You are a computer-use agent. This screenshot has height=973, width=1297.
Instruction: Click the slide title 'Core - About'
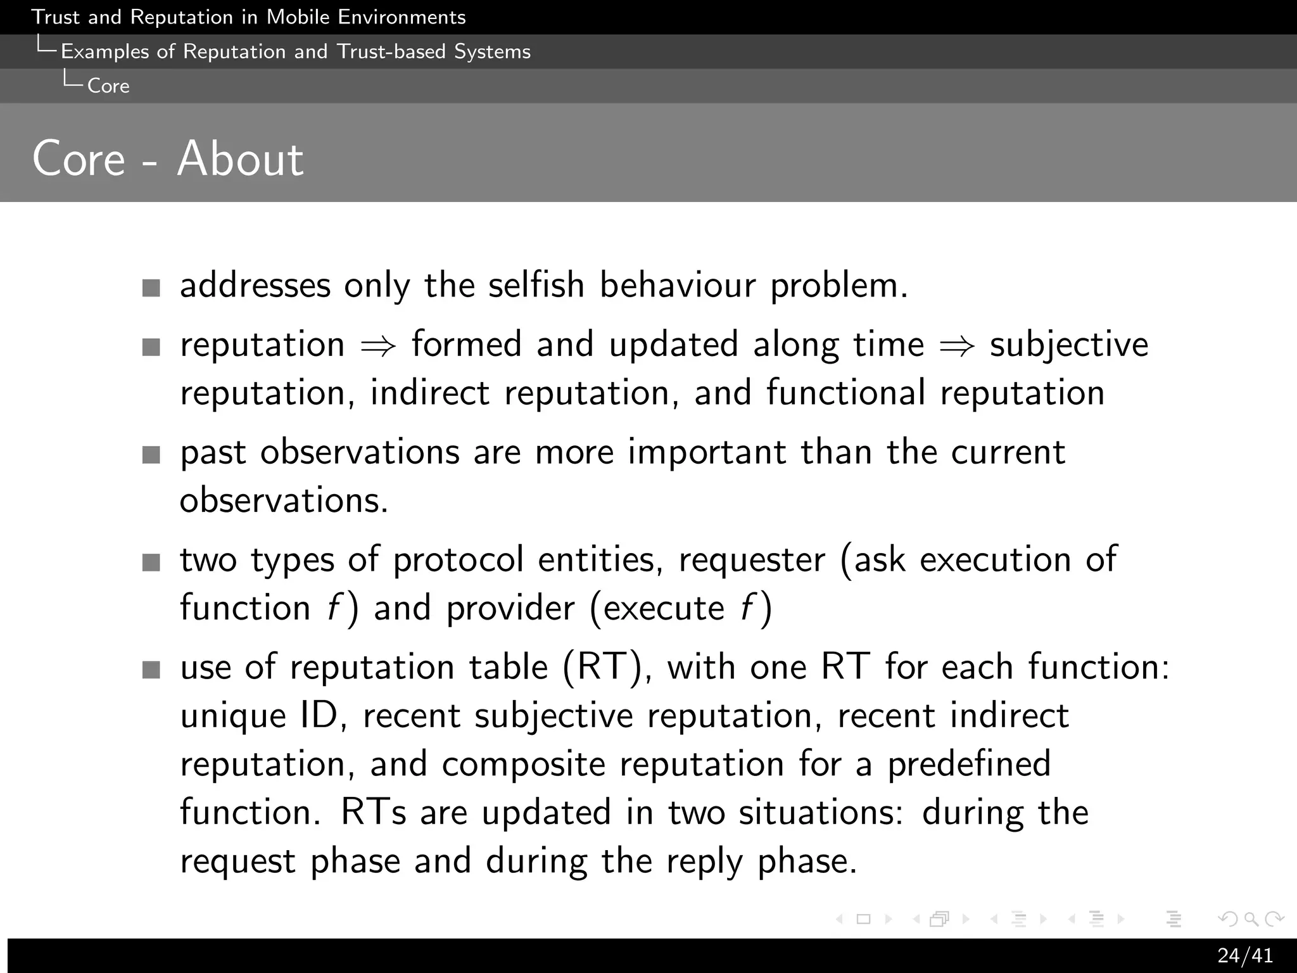point(168,158)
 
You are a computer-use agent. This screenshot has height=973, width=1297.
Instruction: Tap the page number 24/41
point(1244,955)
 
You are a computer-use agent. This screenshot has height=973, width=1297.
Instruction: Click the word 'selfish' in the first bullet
point(536,285)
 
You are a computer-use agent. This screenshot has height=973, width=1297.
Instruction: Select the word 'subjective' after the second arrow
point(1068,345)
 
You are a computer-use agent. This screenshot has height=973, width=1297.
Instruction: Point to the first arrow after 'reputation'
point(378,346)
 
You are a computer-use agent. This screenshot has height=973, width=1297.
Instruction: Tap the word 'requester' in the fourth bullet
point(752,560)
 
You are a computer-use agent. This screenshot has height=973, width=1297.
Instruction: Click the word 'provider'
point(510,609)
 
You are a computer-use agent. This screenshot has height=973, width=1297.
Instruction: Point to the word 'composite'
point(523,764)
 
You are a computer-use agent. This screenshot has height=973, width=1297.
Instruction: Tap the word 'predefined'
point(968,764)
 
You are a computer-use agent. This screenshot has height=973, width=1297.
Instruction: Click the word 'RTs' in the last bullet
point(373,812)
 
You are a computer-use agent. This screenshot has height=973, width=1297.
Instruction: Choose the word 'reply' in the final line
point(704,862)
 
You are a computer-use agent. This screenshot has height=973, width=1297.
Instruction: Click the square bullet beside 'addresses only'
point(151,288)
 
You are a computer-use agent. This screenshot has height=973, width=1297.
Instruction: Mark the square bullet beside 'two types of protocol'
point(151,563)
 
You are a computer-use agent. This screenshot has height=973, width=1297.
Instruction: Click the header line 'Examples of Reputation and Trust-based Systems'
point(295,51)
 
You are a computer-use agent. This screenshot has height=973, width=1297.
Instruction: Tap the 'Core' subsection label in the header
point(108,86)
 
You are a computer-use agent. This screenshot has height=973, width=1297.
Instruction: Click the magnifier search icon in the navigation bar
point(1251,919)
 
